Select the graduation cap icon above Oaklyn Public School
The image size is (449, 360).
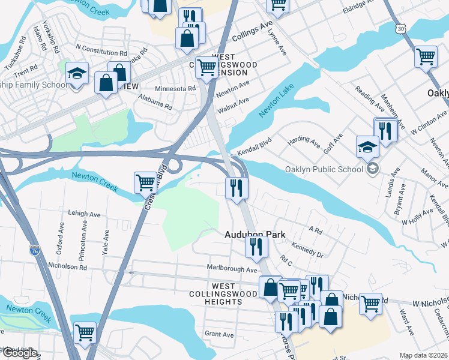tap(367, 146)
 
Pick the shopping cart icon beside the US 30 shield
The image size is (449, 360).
tap(426, 57)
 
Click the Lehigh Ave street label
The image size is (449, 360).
tap(84, 214)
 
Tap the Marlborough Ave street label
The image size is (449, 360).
tap(232, 270)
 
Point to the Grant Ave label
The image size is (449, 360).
tap(219, 334)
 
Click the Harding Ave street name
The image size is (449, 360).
tap(304, 142)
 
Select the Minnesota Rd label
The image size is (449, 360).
tap(175, 88)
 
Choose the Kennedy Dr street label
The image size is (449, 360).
tap(307, 250)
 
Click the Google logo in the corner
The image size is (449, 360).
tap(20, 353)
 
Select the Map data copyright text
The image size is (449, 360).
tap(424, 355)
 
